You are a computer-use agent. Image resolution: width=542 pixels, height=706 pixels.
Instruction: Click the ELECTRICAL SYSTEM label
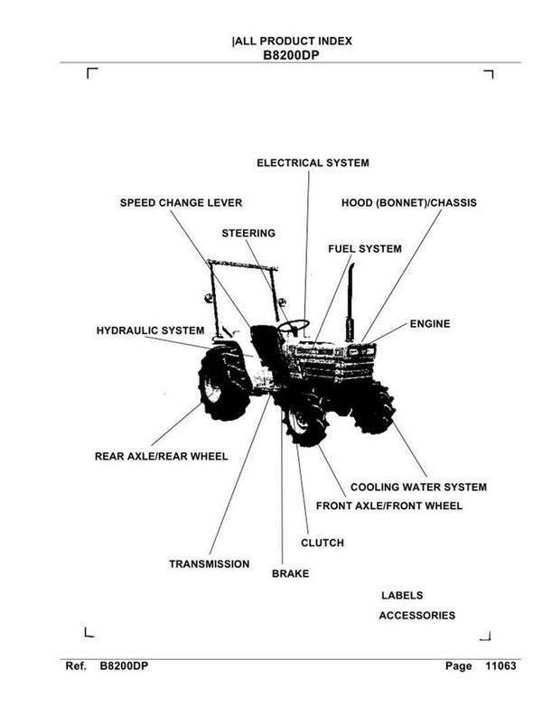pos(313,163)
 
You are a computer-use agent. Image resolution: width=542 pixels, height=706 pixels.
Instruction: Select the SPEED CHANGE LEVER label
pos(181,203)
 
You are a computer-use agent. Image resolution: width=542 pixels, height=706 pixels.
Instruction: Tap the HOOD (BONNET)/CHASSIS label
pos(408,203)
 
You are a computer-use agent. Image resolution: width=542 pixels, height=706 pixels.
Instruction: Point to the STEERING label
pos(248,233)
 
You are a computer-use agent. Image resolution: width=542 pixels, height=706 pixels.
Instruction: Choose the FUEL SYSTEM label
pos(364,248)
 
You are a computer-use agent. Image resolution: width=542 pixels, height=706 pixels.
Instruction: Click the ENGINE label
pos(429,323)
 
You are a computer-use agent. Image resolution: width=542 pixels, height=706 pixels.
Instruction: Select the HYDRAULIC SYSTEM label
pos(150,331)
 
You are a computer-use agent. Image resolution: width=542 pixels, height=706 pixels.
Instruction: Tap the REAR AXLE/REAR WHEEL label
pos(161,456)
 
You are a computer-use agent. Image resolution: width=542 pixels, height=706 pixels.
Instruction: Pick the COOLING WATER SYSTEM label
pos(418,487)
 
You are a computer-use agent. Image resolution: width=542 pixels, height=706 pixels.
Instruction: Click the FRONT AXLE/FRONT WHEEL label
pos(388,506)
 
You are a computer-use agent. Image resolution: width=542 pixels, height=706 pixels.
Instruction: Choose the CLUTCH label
pos(322,543)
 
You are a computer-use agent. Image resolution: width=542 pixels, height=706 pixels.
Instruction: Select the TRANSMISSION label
pos(209,564)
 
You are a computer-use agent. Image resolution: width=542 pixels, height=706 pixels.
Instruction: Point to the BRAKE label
pos(290,573)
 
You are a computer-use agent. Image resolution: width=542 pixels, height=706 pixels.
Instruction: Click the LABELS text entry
pos(402,596)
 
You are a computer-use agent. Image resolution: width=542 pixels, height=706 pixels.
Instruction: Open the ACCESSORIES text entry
pos(416,616)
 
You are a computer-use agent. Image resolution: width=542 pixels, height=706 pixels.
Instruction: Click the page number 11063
pos(498,666)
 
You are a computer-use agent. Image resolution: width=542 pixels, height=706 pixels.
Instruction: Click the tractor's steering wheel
pos(293,326)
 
